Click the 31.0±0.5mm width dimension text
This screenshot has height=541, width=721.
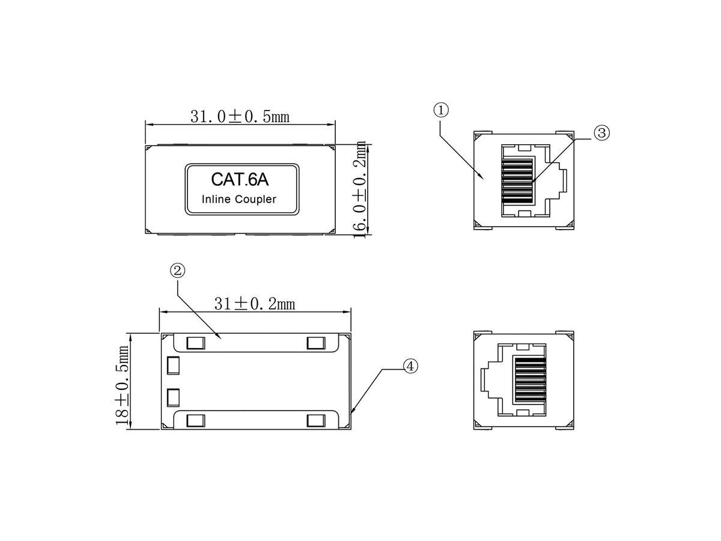pyautogui.click(x=240, y=116)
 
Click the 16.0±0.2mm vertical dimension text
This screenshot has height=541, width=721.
pyautogui.click(x=360, y=189)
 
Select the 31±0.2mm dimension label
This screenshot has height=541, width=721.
pyautogui.click(x=254, y=304)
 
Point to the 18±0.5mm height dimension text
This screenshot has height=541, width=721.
pyautogui.click(x=124, y=385)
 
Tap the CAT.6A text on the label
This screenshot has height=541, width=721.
pyautogui.click(x=240, y=179)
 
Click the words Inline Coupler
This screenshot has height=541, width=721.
pyautogui.click(x=239, y=200)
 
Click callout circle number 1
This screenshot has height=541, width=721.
pyautogui.click(x=441, y=110)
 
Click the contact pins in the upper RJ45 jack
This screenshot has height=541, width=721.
pyautogui.click(x=517, y=179)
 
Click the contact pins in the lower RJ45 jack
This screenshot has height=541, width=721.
pyautogui.click(x=529, y=381)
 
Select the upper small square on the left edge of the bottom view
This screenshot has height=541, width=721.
pyautogui.click(x=174, y=365)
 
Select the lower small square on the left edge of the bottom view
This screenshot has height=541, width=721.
pyautogui.click(x=174, y=397)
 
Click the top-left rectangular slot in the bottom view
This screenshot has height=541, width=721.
pyautogui.click(x=195, y=343)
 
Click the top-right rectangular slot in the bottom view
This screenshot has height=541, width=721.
pyautogui.click(x=315, y=343)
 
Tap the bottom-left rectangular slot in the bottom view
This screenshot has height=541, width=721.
pyautogui.click(x=195, y=420)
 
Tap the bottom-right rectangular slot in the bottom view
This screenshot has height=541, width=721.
pyautogui.click(x=315, y=420)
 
